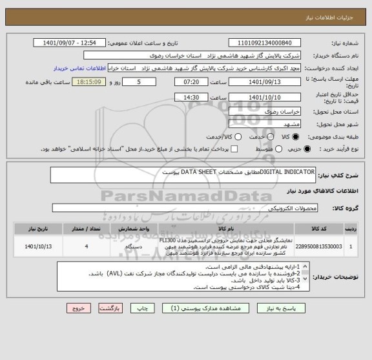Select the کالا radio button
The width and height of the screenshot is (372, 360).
point(296,136)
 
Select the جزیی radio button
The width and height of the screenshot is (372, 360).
point(306,149)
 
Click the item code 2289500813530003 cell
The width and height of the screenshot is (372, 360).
point(320,246)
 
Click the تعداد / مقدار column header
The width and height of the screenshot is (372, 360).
point(86,228)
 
